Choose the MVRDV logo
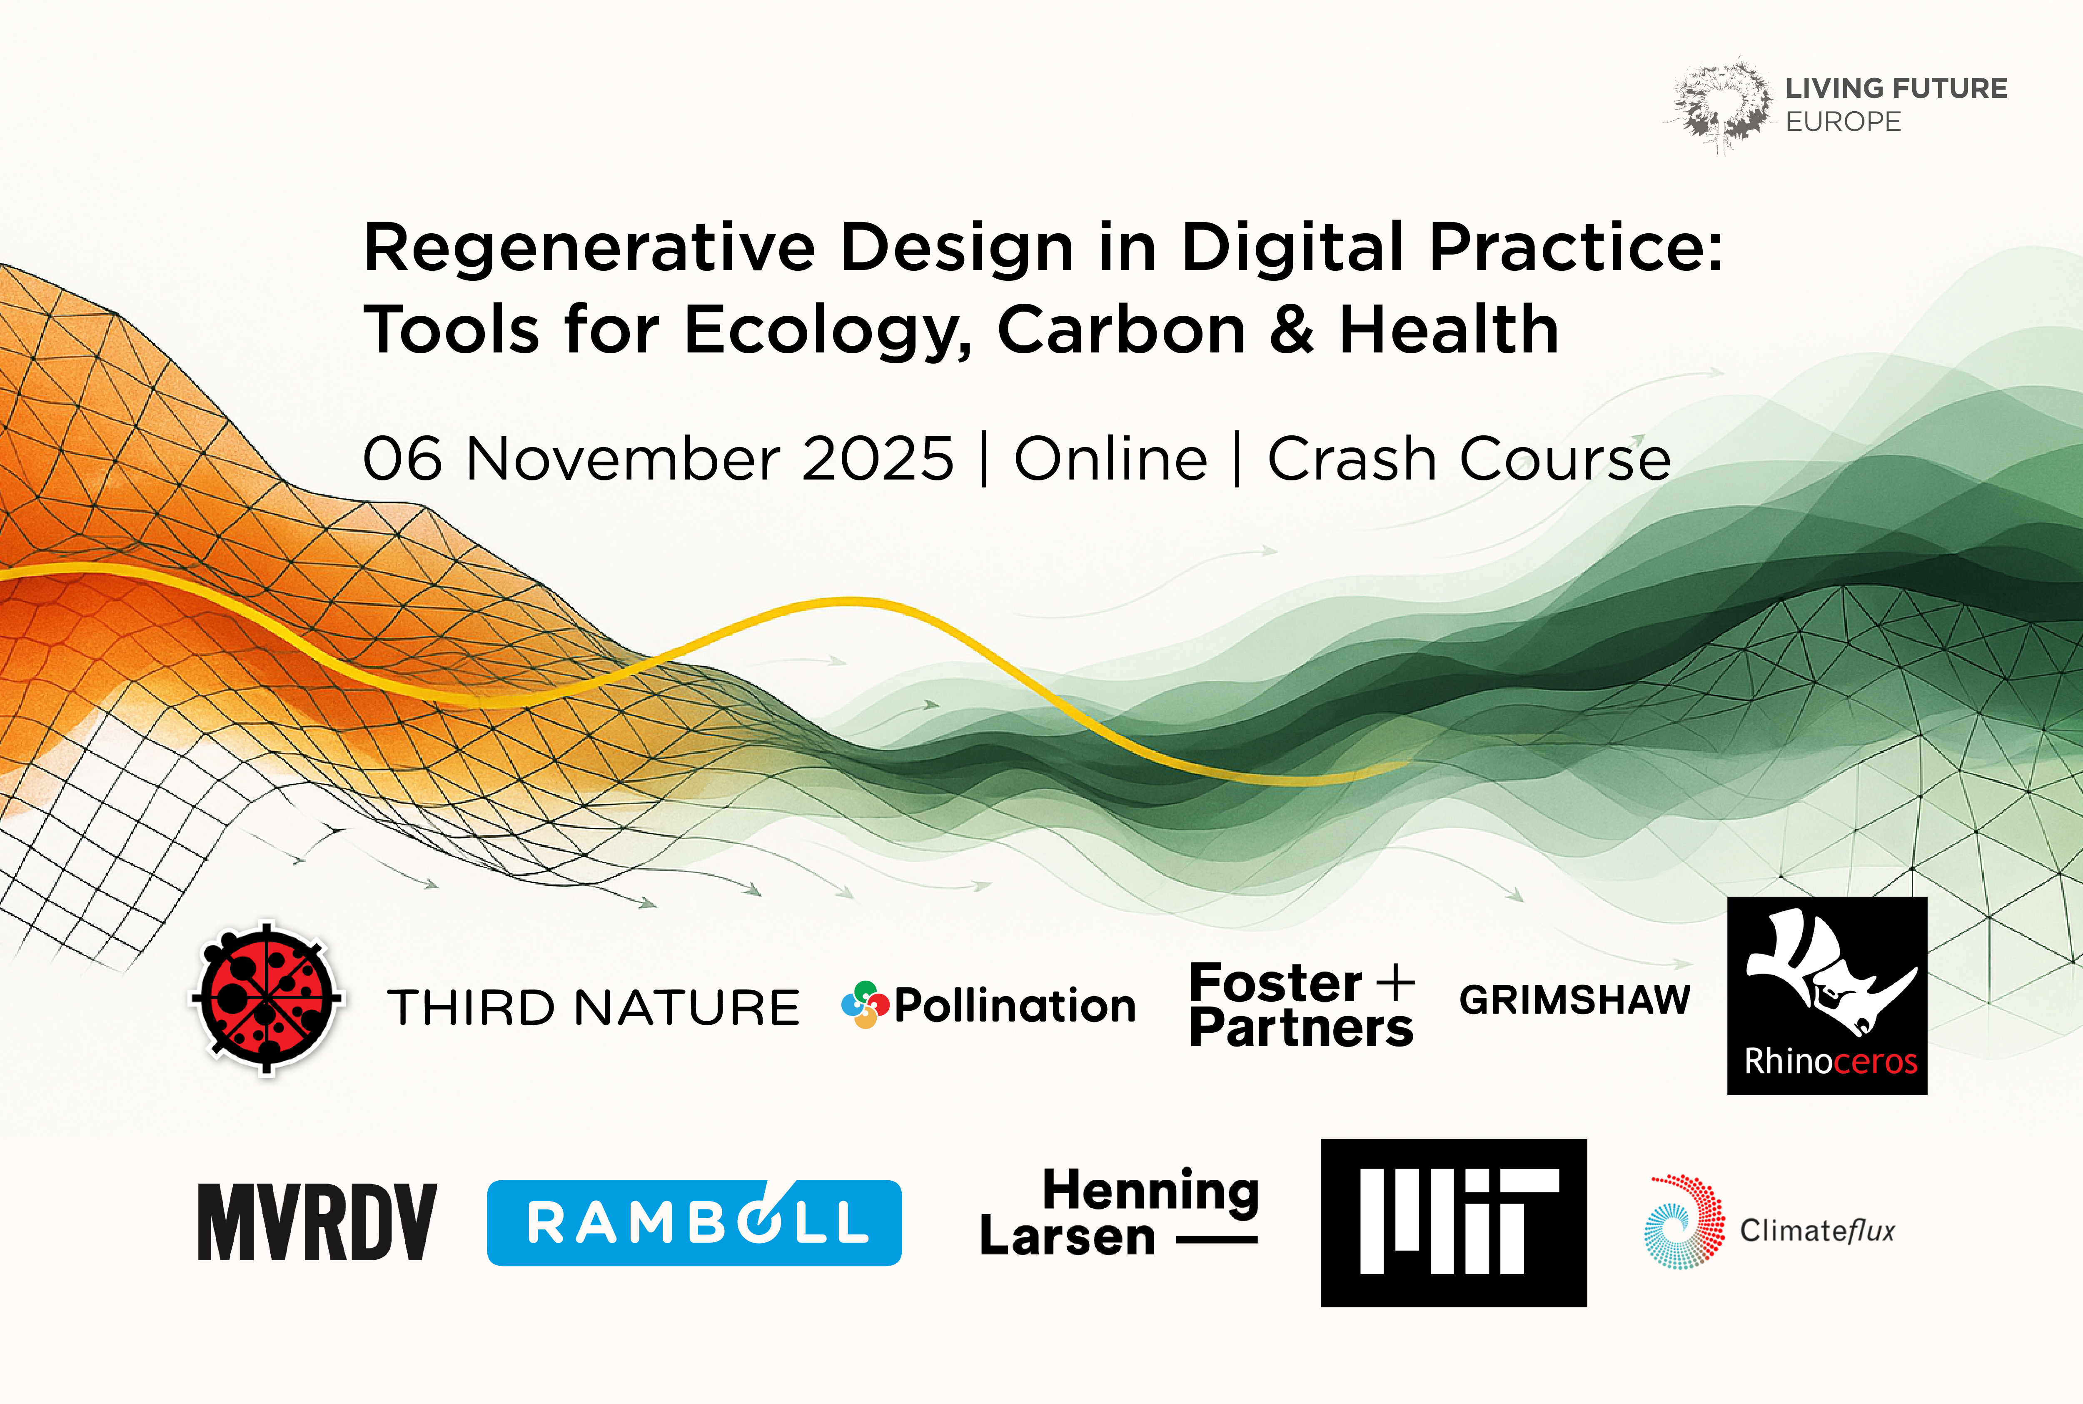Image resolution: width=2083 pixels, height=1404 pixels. [317, 1222]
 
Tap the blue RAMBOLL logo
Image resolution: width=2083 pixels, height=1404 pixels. [694, 1222]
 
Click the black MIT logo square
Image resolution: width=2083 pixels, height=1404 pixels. [1453, 1222]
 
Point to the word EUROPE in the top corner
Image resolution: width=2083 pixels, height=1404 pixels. [1843, 122]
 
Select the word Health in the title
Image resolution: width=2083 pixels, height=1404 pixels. [1448, 330]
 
